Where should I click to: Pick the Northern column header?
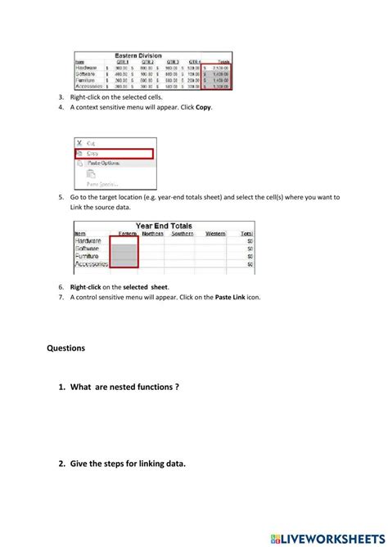(x=152, y=234)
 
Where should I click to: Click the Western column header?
(x=214, y=234)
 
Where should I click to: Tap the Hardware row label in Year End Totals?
(x=88, y=241)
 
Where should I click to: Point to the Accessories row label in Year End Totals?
(x=92, y=265)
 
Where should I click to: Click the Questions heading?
(x=66, y=347)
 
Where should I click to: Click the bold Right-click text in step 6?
(x=88, y=287)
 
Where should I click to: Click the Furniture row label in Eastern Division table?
(x=86, y=80)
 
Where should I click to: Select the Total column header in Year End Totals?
(x=245, y=234)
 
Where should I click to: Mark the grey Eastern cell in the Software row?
(x=124, y=249)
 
